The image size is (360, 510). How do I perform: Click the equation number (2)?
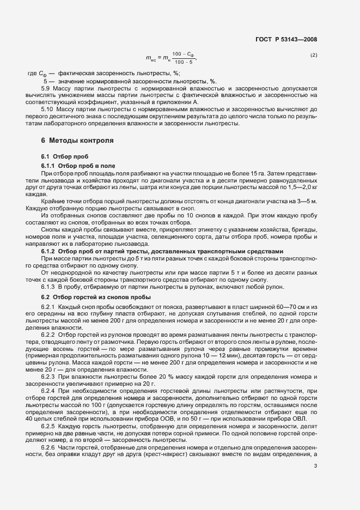314,56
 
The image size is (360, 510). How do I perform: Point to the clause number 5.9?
46,88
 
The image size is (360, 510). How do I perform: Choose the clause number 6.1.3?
50,287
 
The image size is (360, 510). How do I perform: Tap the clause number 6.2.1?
50,308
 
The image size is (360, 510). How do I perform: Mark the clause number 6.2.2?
50,333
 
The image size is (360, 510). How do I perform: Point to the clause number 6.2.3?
50,377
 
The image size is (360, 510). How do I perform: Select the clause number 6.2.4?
50,392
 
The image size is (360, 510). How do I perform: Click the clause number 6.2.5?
50,426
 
